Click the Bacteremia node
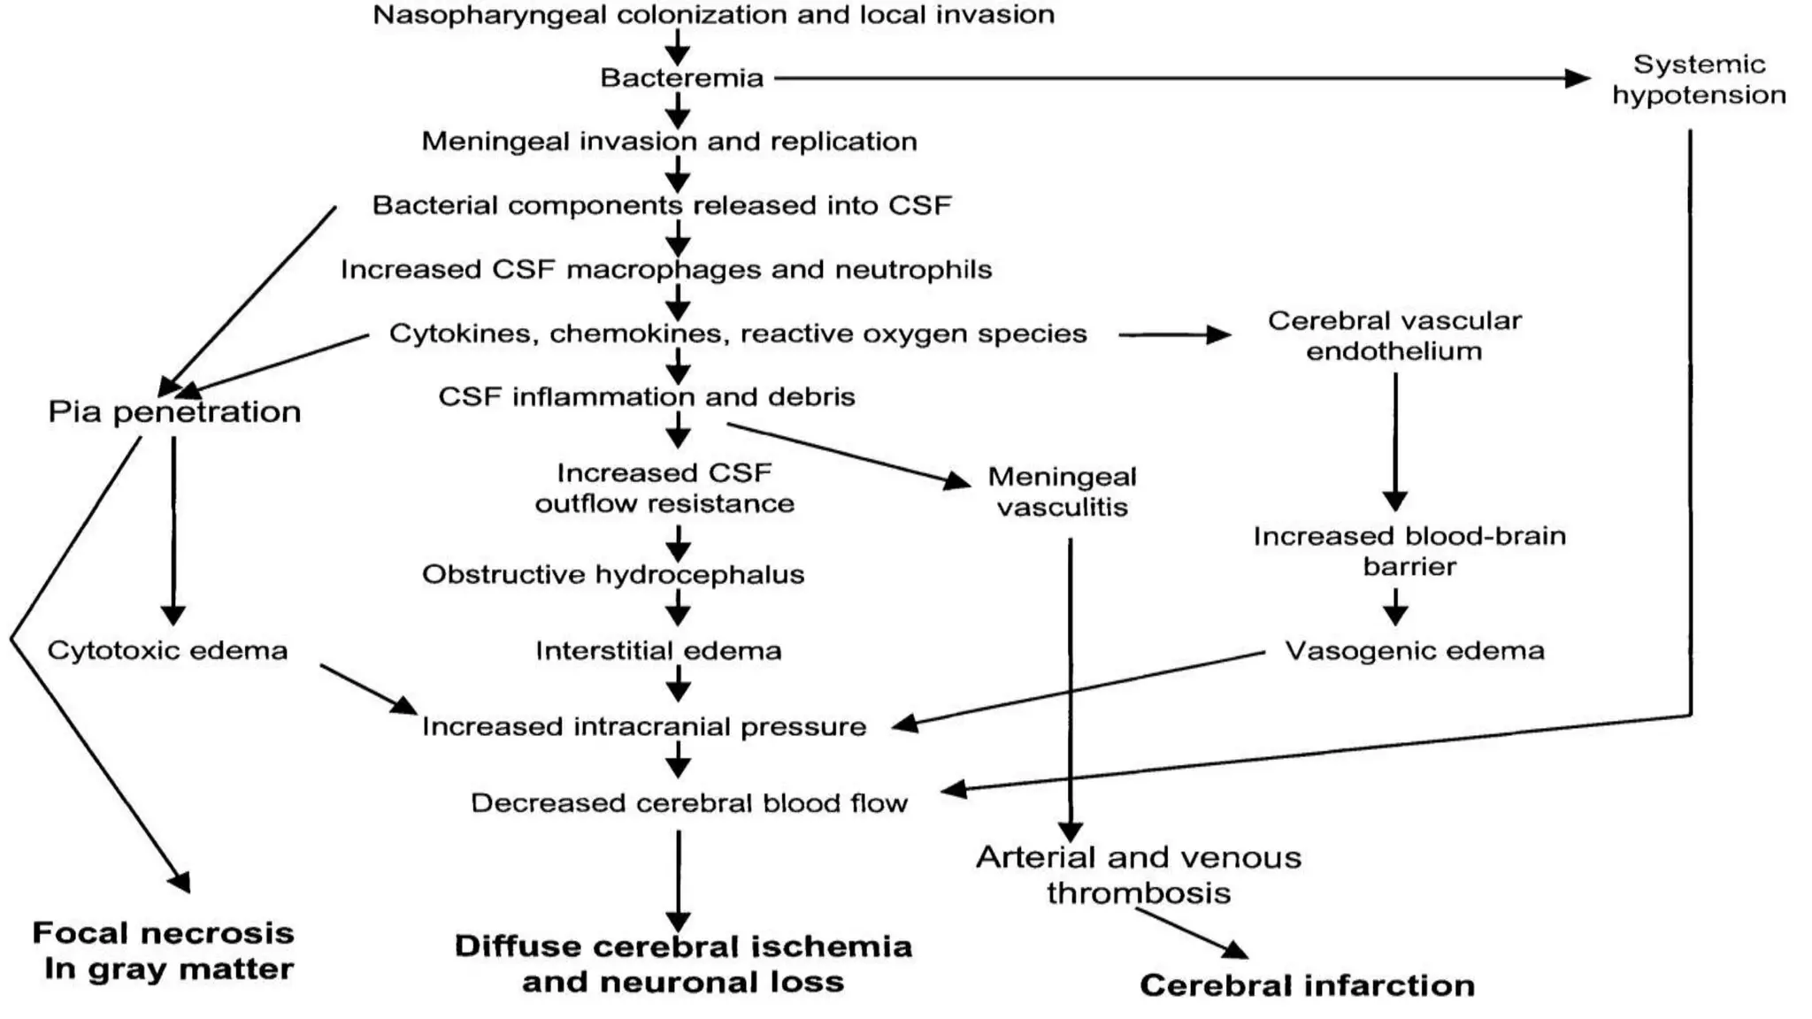(x=681, y=78)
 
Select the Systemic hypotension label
(x=1699, y=80)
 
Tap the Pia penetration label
(x=174, y=411)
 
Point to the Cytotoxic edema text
(x=167, y=650)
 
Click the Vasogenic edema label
(x=1414, y=650)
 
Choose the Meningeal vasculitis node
(x=1062, y=492)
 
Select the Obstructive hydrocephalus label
(x=613, y=574)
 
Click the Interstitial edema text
(x=658, y=650)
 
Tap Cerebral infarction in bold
(x=1307, y=985)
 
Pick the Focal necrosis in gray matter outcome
(x=164, y=951)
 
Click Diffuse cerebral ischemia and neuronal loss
(x=683, y=963)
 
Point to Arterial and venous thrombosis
(x=1139, y=874)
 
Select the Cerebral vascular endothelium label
(x=1394, y=335)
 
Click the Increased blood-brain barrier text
(x=1409, y=550)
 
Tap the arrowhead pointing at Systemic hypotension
(x=1577, y=78)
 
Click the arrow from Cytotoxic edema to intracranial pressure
(x=367, y=689)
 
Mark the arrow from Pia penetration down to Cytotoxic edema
(x=173, y=531)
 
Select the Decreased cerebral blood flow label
(x=688, y=802)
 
